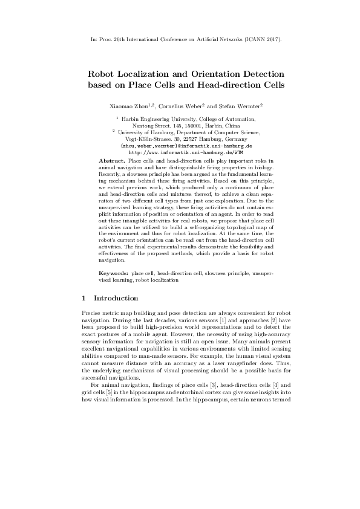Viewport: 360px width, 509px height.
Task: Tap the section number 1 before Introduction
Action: click(x=83, y=298)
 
